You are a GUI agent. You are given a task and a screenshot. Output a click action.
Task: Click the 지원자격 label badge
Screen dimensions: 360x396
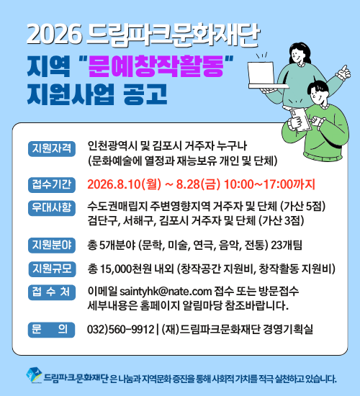(x=52, y=148)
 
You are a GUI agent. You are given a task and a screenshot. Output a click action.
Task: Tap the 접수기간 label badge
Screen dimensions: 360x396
(x=52, y=184)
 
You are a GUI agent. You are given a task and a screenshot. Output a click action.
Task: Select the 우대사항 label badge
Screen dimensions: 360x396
(x=52, y=208)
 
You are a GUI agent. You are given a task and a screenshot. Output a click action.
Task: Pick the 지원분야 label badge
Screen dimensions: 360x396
(x=52, y=245)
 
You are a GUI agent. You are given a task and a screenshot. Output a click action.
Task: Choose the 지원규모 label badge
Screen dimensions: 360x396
(x=52, y=269)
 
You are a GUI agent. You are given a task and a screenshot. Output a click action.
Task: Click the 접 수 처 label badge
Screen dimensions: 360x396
(x=52, y=292)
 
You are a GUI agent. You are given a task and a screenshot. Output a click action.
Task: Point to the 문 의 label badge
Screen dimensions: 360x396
(x=51, y=330)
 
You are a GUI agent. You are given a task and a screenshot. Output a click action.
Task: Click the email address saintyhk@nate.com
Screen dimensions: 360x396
(x=166, y=291)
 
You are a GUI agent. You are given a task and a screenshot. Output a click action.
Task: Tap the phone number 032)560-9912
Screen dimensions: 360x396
(x=120, y=329)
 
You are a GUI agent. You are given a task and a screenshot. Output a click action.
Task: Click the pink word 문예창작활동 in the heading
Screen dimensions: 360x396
(x=156, y=66)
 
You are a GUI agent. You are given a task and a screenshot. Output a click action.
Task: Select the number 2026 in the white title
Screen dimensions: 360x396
(x=54, y=35)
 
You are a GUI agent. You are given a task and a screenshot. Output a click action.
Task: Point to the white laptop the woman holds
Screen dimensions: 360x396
(x=265, y=75)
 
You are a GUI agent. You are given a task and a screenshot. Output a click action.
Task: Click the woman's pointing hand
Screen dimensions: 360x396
(x=344, y=72)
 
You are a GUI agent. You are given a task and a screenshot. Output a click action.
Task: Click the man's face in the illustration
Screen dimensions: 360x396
(x=317, y=95)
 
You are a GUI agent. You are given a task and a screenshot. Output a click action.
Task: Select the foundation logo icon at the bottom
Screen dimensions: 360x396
(x=34, y=376)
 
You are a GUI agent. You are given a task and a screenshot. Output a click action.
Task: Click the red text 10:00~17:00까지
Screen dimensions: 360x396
(x=269, y=184)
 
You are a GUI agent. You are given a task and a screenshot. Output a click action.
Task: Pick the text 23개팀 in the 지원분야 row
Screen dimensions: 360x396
(x=287, y=246)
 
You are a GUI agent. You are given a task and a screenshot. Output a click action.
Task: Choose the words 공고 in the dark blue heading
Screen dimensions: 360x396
(x=145, y=94)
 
